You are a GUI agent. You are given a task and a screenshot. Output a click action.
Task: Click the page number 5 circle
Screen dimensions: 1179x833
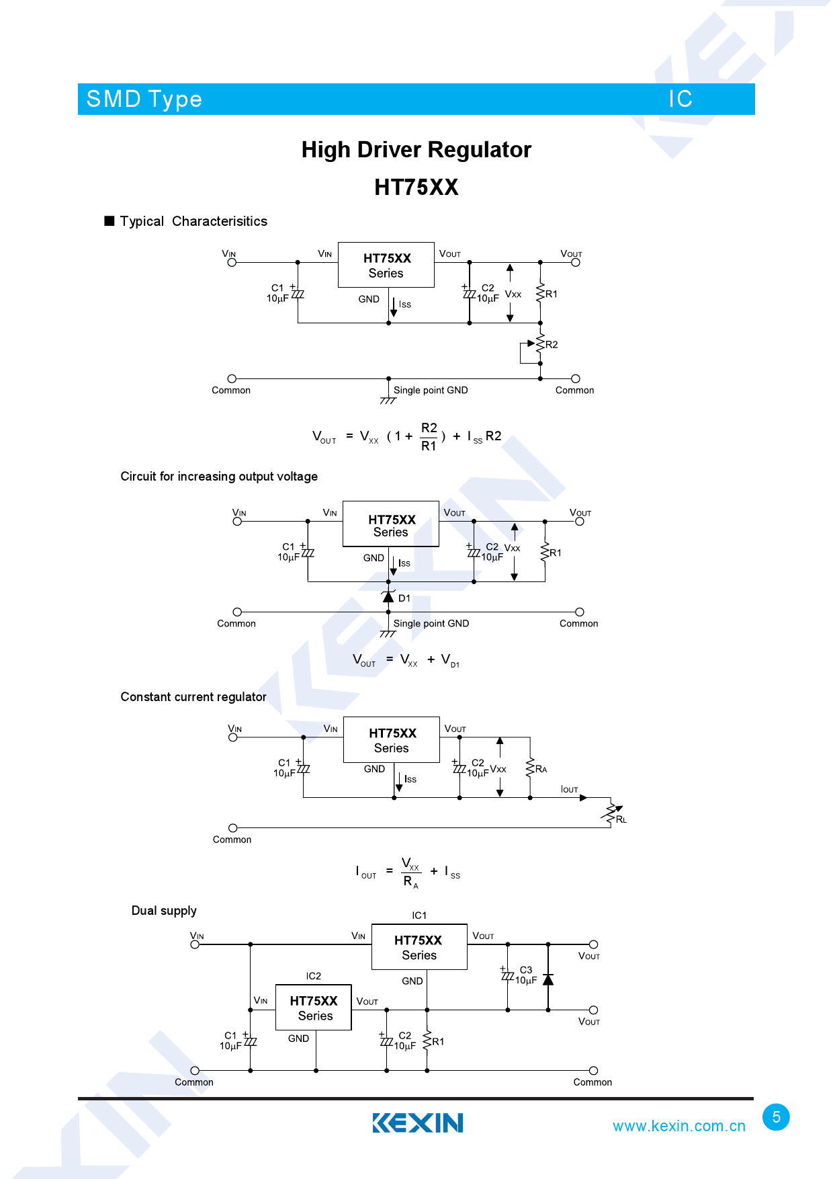(x=776, y=1117)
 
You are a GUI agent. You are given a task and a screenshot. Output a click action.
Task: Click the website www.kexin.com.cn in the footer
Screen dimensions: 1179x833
(x=678, y=1127)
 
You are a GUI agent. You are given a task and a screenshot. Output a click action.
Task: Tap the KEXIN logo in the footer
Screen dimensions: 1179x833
(x=417, y=1123)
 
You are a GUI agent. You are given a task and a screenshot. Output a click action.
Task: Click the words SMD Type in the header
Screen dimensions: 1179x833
(x=144, y=99)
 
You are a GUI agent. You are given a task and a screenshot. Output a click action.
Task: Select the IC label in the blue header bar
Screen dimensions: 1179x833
(x=680, y=99)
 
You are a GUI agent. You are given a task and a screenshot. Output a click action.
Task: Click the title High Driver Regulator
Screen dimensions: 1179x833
(x=416, y=150)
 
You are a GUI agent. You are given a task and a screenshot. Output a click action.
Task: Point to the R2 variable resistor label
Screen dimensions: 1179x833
(x=552, y=345)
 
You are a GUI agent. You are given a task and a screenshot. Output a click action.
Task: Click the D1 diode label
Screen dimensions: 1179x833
(x=404, y=598)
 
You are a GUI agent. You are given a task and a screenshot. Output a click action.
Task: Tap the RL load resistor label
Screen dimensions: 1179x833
(x=621, y=819)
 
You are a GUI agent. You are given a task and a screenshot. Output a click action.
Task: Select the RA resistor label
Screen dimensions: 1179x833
(x=541, y=769)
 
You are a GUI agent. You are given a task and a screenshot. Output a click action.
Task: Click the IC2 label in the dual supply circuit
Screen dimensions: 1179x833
(x=313, y=976)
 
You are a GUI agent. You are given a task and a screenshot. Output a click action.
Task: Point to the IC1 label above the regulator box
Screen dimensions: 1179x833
(x=419, y=916)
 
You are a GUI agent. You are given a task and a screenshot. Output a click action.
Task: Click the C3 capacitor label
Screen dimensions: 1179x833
(x=526, y=970)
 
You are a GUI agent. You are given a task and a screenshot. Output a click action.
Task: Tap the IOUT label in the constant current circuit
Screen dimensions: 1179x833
(x=569, y=789)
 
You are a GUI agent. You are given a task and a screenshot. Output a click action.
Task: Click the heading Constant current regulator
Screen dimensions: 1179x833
(x=193, y=697)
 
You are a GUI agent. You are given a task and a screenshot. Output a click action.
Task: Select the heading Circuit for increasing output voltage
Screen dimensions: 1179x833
(x=219, y=477)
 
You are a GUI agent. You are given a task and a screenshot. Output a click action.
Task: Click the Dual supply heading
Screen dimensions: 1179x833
(x=164, y=911)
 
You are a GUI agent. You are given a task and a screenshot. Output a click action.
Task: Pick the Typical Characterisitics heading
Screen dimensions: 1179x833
(x=193, y=222)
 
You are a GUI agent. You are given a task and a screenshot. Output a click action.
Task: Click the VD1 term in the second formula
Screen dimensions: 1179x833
(x=449, y=660)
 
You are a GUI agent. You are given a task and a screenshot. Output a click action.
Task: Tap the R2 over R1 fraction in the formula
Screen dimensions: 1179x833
(x=429, y=437)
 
